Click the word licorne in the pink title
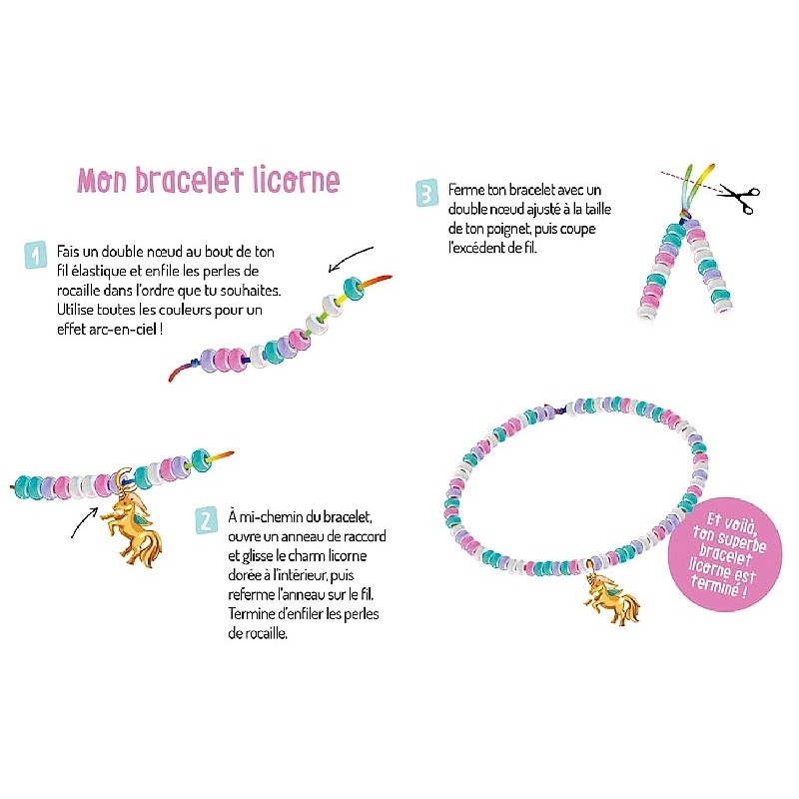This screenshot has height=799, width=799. click(x=296, y=180)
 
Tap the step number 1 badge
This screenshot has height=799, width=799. click(x=35, y=255)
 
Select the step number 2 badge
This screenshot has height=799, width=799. click(x=207, y=520)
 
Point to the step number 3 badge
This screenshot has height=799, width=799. click(x=426, y=193)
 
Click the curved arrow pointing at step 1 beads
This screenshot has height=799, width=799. click(x=351, y=257)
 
